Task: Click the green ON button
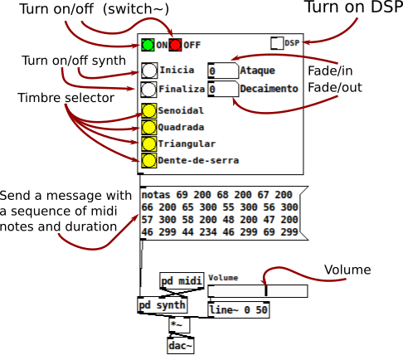(x=148, y=45)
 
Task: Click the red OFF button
(x=175, y=45)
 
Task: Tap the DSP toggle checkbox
(x=277, y=43)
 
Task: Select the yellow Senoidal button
(x=149, y=111)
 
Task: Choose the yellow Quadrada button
(x=149, y=128)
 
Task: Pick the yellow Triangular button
(x=149, y=144)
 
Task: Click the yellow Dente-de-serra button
(x=149, y=160)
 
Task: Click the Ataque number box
(x=223, y=71)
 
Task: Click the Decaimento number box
(x=223, y=89)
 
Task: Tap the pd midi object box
(x=182, y=281)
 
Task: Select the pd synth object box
(x=163, y=305)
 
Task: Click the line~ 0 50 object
(x=239, y=309)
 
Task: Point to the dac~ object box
(x=181, y=346)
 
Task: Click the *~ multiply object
(x=179, y=325)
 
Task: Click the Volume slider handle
(x=266, y=291)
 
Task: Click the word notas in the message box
(x=156, y=195)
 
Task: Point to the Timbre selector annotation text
(x=66, y=98)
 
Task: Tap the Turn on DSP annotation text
(x=354, y=7)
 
